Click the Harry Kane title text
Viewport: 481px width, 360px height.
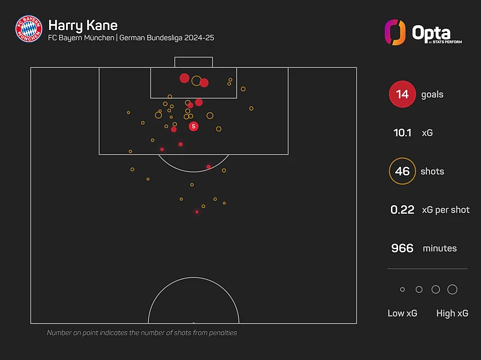82,25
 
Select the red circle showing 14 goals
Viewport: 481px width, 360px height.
402,95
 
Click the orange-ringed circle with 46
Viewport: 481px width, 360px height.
402,172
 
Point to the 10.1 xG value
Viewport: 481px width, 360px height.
402,133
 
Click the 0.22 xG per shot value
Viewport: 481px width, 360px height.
402,210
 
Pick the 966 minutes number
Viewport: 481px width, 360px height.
402,248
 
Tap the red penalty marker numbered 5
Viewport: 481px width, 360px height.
193,126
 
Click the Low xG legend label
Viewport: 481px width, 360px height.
402,313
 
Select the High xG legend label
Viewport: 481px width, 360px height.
453,313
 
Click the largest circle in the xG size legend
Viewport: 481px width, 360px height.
452,290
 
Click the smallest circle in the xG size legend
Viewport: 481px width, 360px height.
402,290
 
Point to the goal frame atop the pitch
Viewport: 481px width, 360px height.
193,62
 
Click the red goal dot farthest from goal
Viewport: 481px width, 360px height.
197,212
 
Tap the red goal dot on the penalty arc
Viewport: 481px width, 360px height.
208,167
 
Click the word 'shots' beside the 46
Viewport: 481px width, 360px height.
432,172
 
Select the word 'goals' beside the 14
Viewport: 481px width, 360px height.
432,95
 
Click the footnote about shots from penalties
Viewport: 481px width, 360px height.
142,332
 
